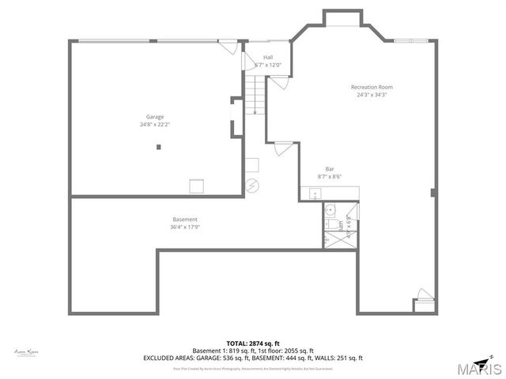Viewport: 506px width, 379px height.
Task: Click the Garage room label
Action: [154, 117]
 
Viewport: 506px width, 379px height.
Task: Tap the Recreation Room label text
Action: [372, 87]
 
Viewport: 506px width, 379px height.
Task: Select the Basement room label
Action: [185, 219]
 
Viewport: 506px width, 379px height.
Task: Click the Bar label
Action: [330, 169]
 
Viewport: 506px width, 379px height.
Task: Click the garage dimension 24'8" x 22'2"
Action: [154, 124]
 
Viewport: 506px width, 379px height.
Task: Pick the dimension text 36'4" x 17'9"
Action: [185, 227]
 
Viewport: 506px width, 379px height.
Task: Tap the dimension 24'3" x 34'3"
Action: [372, 95]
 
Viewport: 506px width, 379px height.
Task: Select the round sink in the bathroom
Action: [331, 211]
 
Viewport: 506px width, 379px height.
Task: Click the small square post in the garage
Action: [159, 146]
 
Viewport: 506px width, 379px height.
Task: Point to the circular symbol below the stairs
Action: [251, 186]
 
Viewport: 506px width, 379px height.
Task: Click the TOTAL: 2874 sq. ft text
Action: [252, 343]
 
